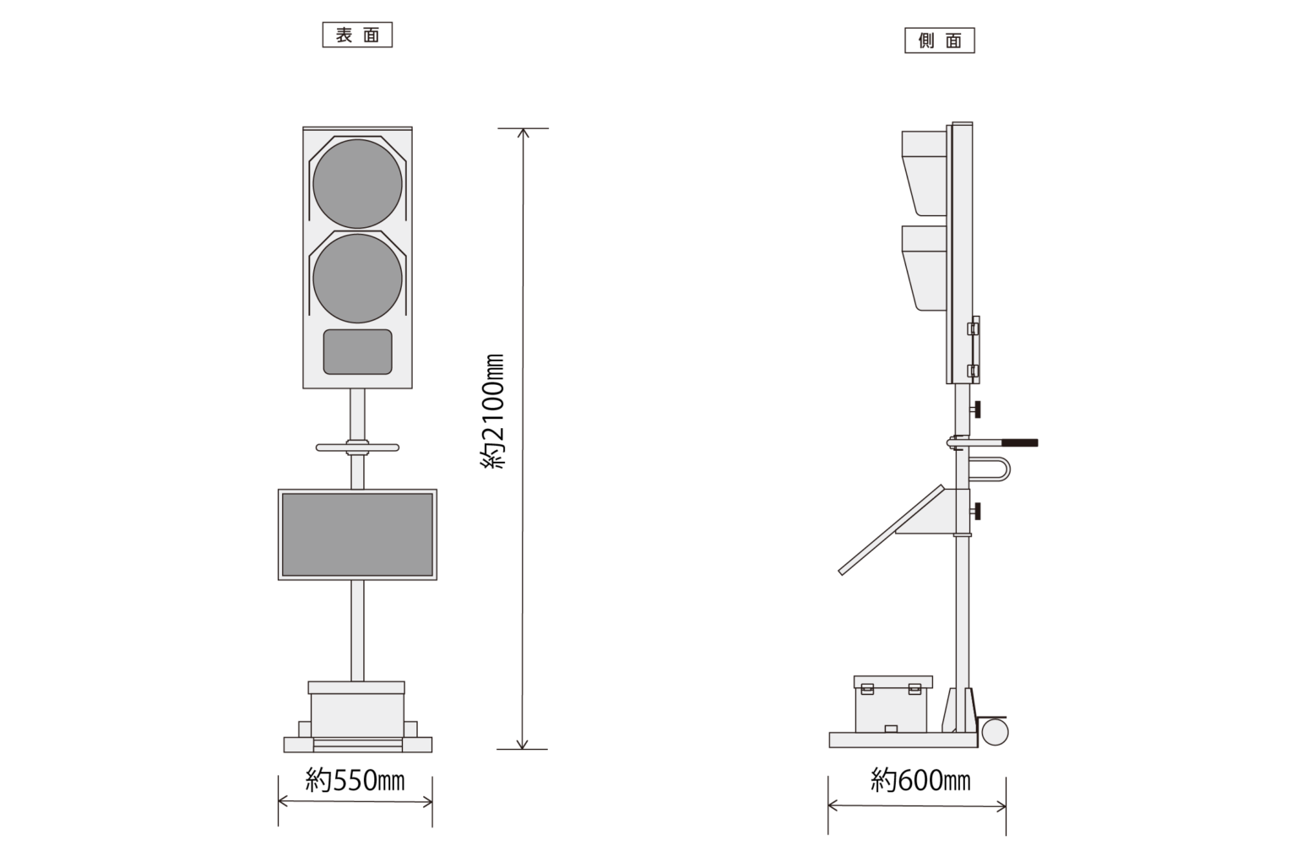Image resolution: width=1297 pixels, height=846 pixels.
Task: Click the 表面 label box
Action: tap(357, 35)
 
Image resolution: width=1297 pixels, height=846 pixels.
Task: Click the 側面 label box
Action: tap(940, 41)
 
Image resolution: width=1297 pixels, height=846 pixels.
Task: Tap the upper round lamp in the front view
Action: tap(357, 184)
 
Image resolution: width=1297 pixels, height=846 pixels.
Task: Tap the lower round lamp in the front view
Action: tap(357, 279)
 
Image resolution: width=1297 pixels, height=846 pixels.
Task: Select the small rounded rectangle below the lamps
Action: tap(357, 352)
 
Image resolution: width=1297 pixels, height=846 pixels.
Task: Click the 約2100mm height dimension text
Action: tap(493, 411)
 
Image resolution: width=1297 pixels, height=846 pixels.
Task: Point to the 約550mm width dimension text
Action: tap(355, 781)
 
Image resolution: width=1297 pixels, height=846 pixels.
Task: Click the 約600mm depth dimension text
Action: tap(920, 781)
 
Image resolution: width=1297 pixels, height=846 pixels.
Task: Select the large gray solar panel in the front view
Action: tap(357, 534)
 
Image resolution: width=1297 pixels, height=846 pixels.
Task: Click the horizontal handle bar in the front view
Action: tap(357, 447)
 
